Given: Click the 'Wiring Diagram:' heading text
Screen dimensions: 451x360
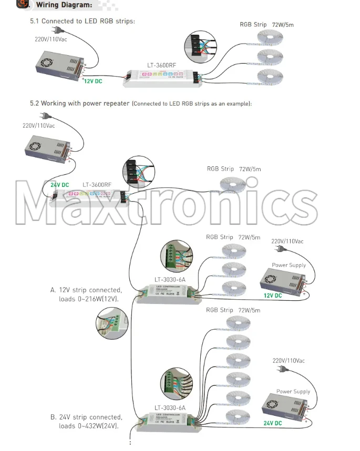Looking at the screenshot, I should [x=64, y=5].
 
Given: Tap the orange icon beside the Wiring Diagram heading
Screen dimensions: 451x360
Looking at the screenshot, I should [x=23, y=4].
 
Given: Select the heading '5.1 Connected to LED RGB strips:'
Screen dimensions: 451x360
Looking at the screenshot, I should [x=83, y=21].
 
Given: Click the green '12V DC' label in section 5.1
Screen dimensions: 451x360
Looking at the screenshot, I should [x=92, y=81].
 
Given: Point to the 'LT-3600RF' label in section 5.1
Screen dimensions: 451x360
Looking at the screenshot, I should [x=161, y=66].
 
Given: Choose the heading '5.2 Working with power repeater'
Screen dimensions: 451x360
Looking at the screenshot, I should [x=79, y=103].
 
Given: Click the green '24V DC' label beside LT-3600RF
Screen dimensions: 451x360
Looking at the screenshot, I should [x=59, y=185].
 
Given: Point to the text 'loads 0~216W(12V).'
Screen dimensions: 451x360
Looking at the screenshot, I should [x=88, y=299].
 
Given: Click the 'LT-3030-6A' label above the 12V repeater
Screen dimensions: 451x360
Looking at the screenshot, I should [x=170, y=279].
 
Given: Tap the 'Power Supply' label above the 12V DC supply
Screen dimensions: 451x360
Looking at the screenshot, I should [x=289, y=265].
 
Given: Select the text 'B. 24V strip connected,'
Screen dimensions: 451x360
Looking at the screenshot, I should [x=86, y=417].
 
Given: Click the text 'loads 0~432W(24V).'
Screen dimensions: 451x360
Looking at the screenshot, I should [x=88, y=426].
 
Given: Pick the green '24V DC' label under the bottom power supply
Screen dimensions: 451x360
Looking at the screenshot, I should [x=273, y=423].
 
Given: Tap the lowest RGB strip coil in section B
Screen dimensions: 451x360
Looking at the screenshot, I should [x=236, y=417].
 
